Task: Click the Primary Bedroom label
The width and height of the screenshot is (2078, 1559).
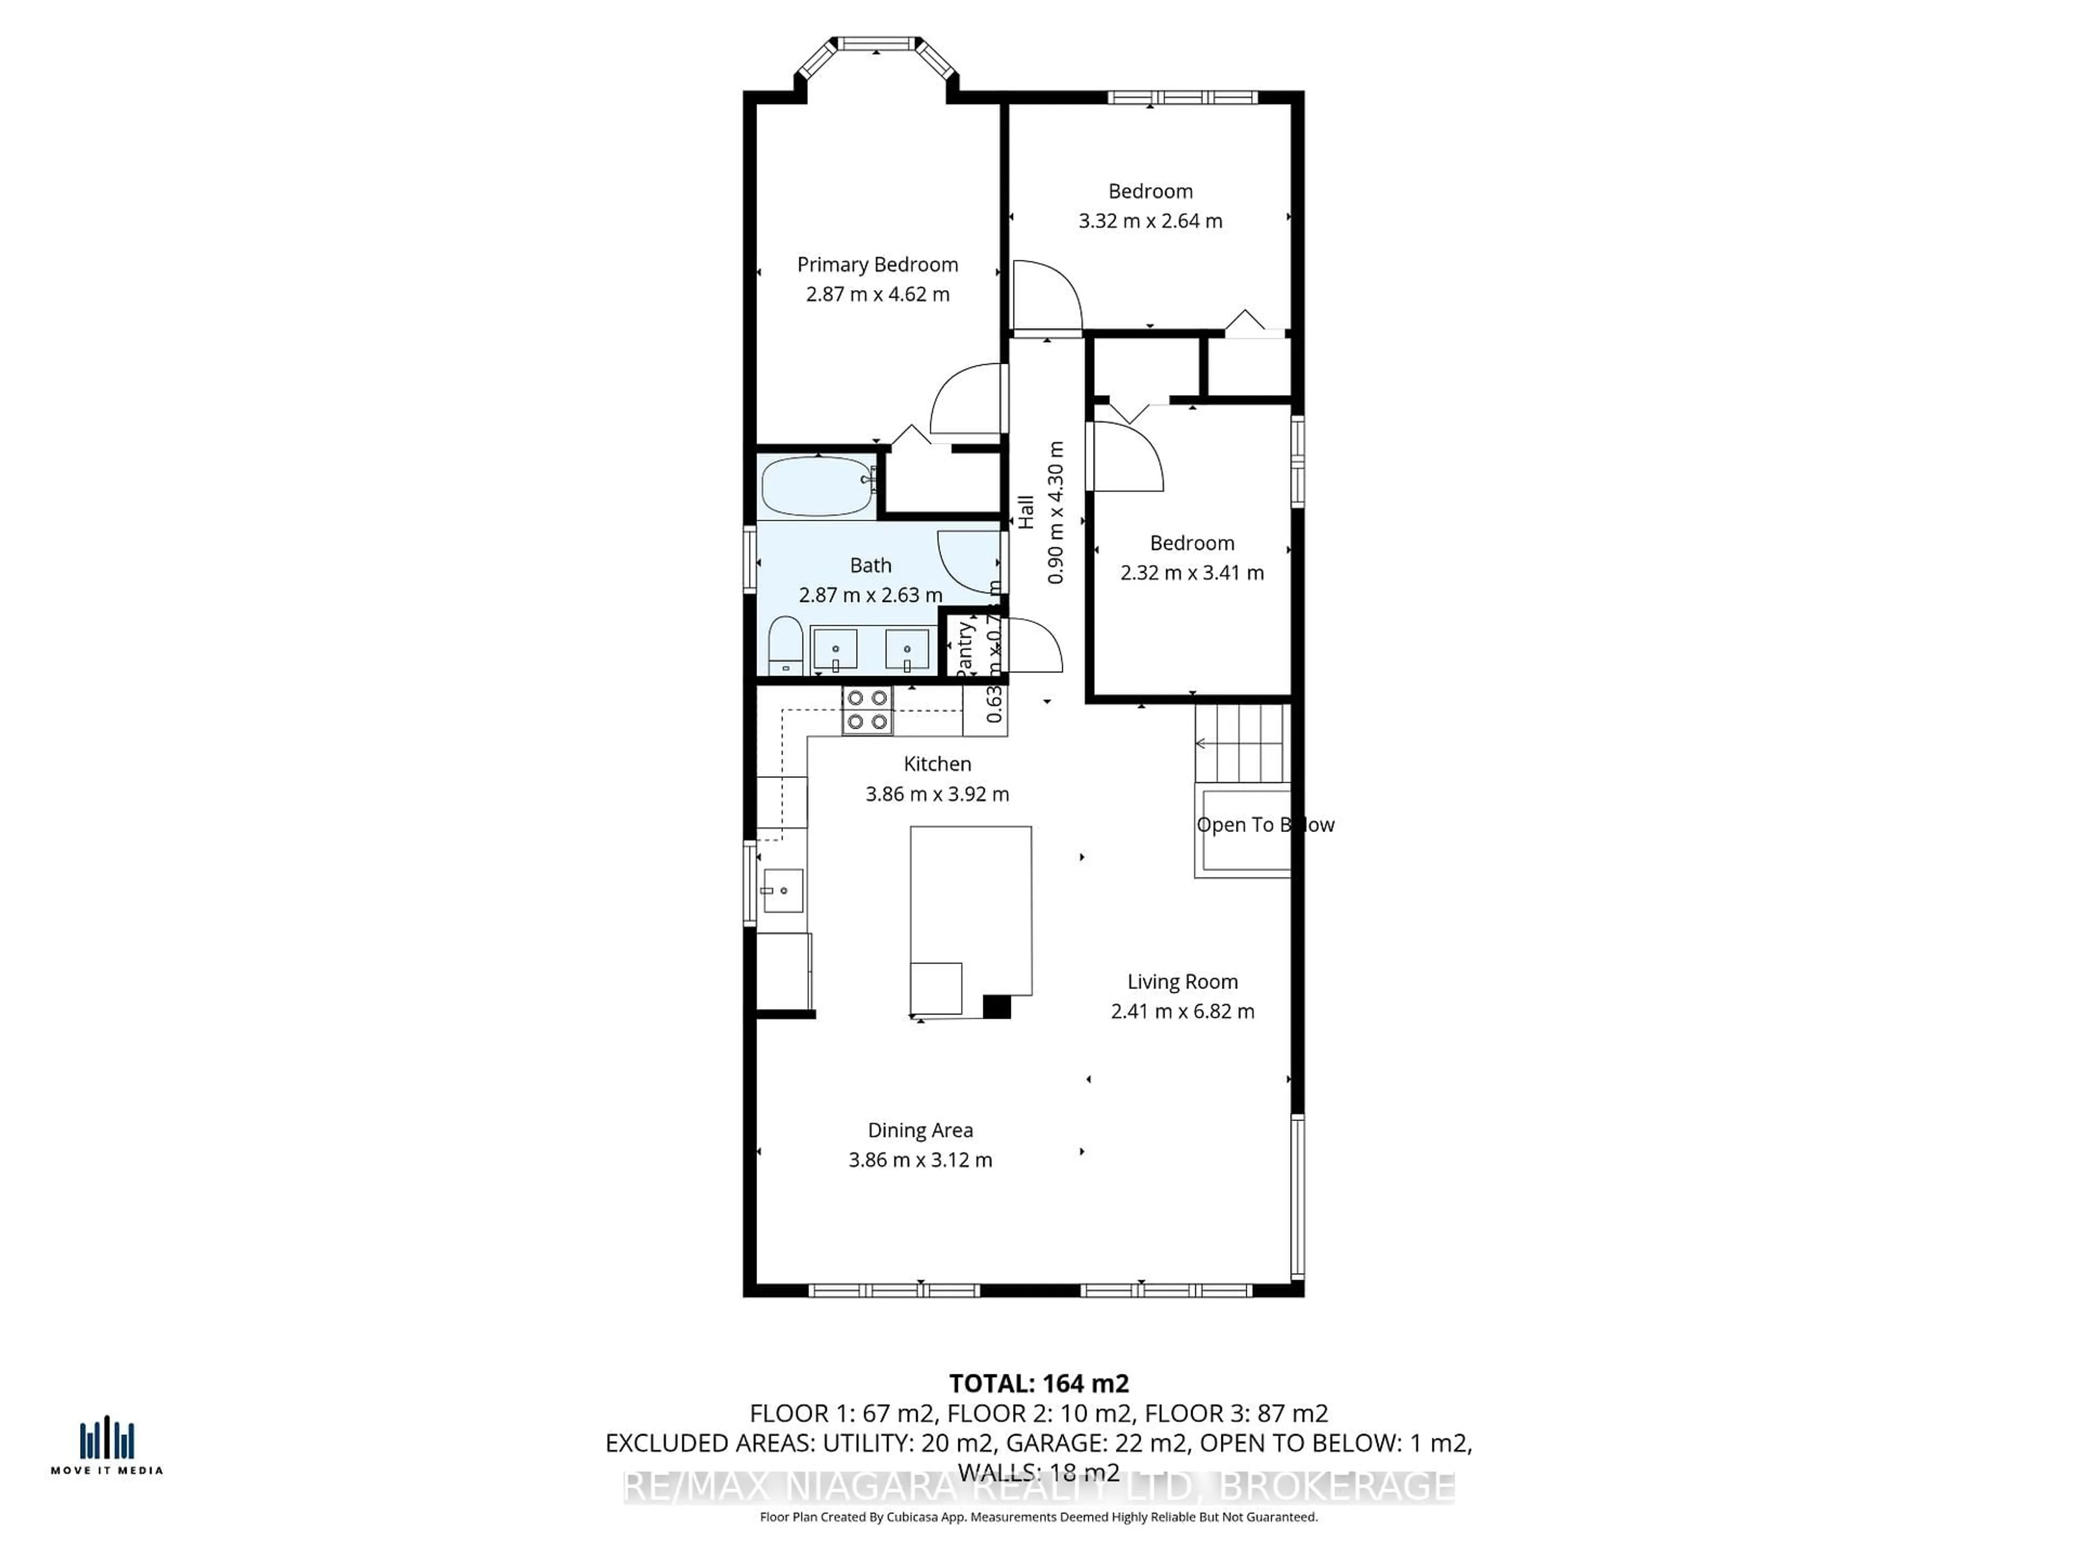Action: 877,264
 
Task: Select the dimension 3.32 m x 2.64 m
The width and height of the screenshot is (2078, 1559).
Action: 1150,221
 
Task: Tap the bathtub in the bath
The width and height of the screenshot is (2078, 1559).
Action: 817,485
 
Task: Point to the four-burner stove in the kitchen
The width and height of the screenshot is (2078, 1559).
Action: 866,710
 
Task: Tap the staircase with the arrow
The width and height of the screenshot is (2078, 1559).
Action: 1240,742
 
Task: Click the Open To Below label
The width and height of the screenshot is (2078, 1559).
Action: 1265,824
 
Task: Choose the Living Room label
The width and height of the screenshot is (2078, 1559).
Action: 1182,981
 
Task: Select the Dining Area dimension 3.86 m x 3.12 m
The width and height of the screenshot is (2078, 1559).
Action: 920,1160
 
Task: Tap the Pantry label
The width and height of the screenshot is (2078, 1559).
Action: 964,649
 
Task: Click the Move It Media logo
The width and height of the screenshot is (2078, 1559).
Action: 106,1446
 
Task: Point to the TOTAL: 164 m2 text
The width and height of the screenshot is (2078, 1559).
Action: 1038,1383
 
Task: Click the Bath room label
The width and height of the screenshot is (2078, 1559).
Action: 870,565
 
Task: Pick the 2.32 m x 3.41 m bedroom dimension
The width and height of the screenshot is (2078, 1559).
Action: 1191,572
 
